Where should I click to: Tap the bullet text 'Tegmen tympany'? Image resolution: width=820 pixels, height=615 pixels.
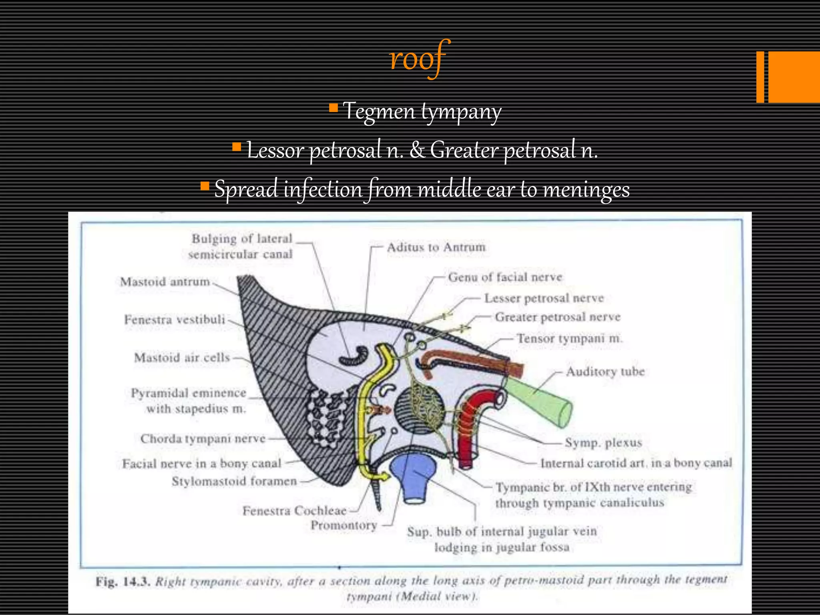click(x=422, y=111)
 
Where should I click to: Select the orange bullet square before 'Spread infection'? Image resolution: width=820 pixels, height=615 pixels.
click(x=205, y=186)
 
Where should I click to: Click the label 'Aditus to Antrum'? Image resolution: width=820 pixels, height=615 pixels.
click(x=436, y=247)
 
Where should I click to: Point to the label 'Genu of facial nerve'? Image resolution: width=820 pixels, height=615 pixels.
click(x=505, y=277)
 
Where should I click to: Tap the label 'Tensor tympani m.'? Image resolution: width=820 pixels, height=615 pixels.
click(x=569, y=339)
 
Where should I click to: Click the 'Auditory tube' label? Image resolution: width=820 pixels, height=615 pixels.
click(x=605, y=372)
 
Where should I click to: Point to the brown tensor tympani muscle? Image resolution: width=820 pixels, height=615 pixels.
click(x=472, y=360)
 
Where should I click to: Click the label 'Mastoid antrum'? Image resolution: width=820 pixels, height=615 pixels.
click(x=165, y=282)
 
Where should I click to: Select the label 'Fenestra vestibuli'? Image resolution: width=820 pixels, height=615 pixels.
click(x=175, y=320)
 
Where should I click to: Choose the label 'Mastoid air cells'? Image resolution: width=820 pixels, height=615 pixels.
click(x=182, y=357)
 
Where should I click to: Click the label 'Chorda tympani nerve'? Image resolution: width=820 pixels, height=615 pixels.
click(x=203, y=439)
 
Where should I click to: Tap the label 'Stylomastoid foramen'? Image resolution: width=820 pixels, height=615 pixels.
click(x=234, y=481)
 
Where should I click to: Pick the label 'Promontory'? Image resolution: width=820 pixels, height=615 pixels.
click(x=344, y=525)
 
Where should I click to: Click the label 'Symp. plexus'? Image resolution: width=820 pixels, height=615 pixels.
click(x=603, y=443)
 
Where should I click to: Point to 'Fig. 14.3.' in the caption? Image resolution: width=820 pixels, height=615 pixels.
click(x=123, y=582)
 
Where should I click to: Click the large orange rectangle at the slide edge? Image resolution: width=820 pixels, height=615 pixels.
click(x=794, y=77)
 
